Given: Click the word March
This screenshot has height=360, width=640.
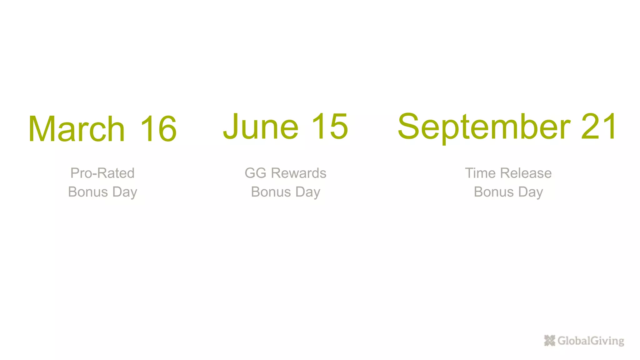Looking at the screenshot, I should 77,129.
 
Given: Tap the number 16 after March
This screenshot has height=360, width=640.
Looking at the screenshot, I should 158,129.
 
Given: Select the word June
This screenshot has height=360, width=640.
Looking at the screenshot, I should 261,126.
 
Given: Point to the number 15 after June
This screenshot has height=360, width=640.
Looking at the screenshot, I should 330,126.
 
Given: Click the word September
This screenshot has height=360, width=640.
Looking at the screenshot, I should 484,127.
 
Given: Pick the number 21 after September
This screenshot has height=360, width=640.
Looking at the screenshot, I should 599,126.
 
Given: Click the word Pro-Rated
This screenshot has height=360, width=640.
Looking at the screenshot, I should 102,173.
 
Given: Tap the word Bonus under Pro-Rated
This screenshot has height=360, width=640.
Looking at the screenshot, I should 88,192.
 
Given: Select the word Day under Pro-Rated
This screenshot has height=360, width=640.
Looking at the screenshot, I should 125,192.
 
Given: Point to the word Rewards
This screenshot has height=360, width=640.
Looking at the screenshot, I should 298,173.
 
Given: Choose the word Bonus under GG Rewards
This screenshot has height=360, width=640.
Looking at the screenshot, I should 271,192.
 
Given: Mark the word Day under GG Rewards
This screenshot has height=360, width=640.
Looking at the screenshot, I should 308,192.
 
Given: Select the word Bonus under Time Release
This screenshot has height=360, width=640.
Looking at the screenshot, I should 494,192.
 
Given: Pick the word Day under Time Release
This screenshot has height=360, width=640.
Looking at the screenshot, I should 531,192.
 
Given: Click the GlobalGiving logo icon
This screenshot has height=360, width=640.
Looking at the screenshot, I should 549,341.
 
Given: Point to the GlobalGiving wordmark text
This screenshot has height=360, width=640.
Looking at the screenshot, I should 591,341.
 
